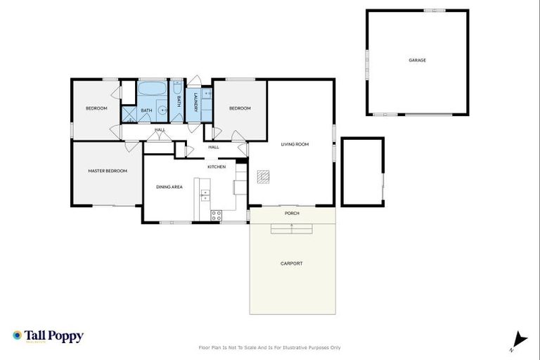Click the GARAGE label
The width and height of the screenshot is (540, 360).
(417, 60)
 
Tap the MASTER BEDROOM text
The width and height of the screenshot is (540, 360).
(108, 171)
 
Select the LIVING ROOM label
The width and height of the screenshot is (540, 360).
(295, 145)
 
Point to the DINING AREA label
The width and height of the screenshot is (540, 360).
(169, 187)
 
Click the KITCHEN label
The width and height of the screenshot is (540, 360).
(216, 167)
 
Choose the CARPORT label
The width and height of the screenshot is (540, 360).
(291, 264)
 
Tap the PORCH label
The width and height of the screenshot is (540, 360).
(292, 213)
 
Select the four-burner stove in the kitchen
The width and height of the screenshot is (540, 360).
(217, 214)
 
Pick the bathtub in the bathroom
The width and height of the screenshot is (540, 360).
(151, 90)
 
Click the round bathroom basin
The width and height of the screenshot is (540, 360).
(161, 110)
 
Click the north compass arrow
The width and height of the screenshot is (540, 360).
(519, 340)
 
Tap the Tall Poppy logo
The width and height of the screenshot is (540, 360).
(48, 336)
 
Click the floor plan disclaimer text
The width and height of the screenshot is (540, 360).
(270, 347)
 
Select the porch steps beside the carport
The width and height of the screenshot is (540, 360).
(291, 227)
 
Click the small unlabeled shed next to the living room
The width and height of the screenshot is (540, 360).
(362, 172)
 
